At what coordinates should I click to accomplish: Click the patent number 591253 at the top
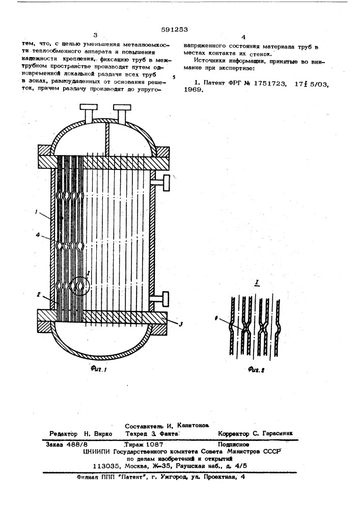click(174, 29)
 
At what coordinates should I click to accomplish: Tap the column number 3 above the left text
click(95, 36)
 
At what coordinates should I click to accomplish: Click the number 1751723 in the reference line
click(269, 83)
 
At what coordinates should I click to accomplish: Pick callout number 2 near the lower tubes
click(38, 294)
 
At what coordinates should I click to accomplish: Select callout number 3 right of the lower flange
click(181, 324)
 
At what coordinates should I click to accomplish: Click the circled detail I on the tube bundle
click(79, 286)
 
